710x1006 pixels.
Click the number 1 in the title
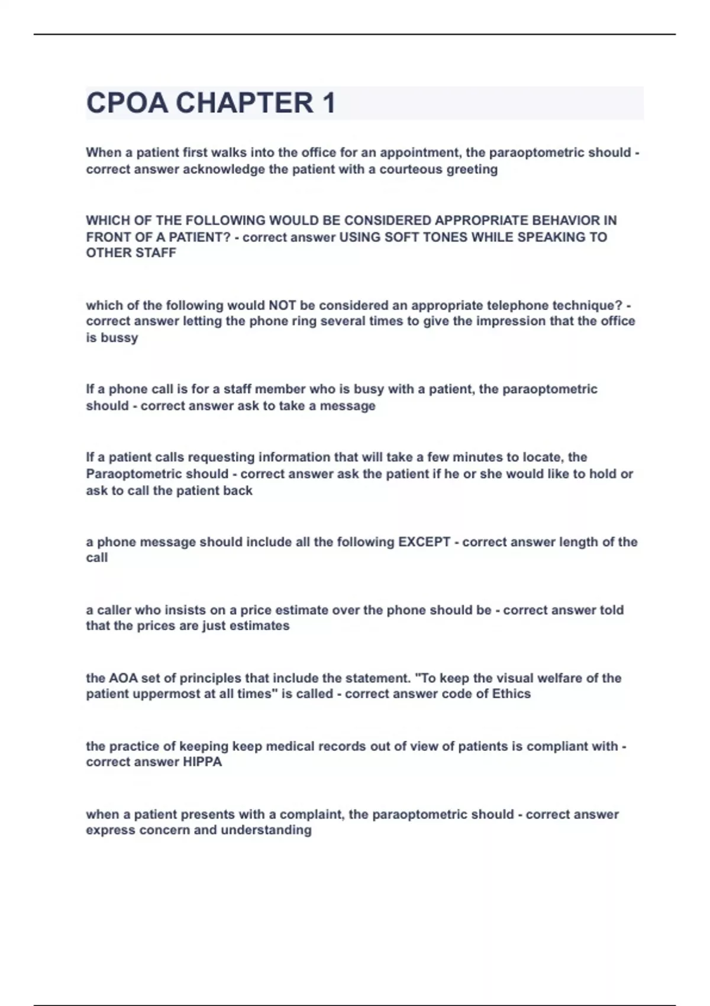[x=329, y=103]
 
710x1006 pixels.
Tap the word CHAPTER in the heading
[x=245, y=103]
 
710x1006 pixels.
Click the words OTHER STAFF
[x=131, y=253]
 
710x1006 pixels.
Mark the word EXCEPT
[x=424, y=542]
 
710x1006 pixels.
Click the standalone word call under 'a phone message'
[x=97, y=558]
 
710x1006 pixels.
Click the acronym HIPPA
[x=202, y=762]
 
